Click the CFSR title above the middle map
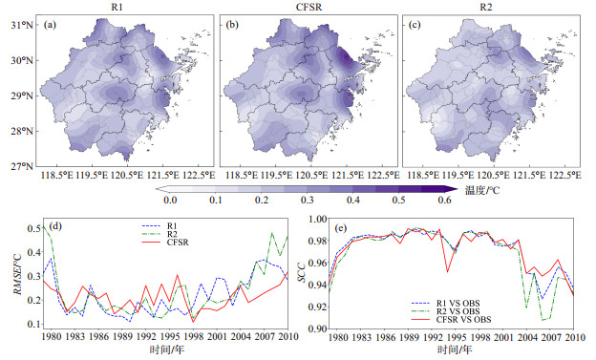coord(309,8)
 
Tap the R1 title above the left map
coord(117,8)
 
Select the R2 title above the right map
coord(485,8)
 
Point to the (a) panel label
coord(50,25)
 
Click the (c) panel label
coord(415,25)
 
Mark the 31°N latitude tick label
coord(22,25)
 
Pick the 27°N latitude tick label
coord(22,166)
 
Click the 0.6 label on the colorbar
coord(444,200)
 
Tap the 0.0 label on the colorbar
coord(170,200)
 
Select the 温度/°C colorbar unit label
coord(482,190)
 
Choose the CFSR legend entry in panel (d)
coord(178,243)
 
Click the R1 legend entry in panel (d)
coord(172,226)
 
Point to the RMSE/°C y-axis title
coord(18,273)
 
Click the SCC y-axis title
coord(302,272)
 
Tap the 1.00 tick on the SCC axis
coord(317,219)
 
